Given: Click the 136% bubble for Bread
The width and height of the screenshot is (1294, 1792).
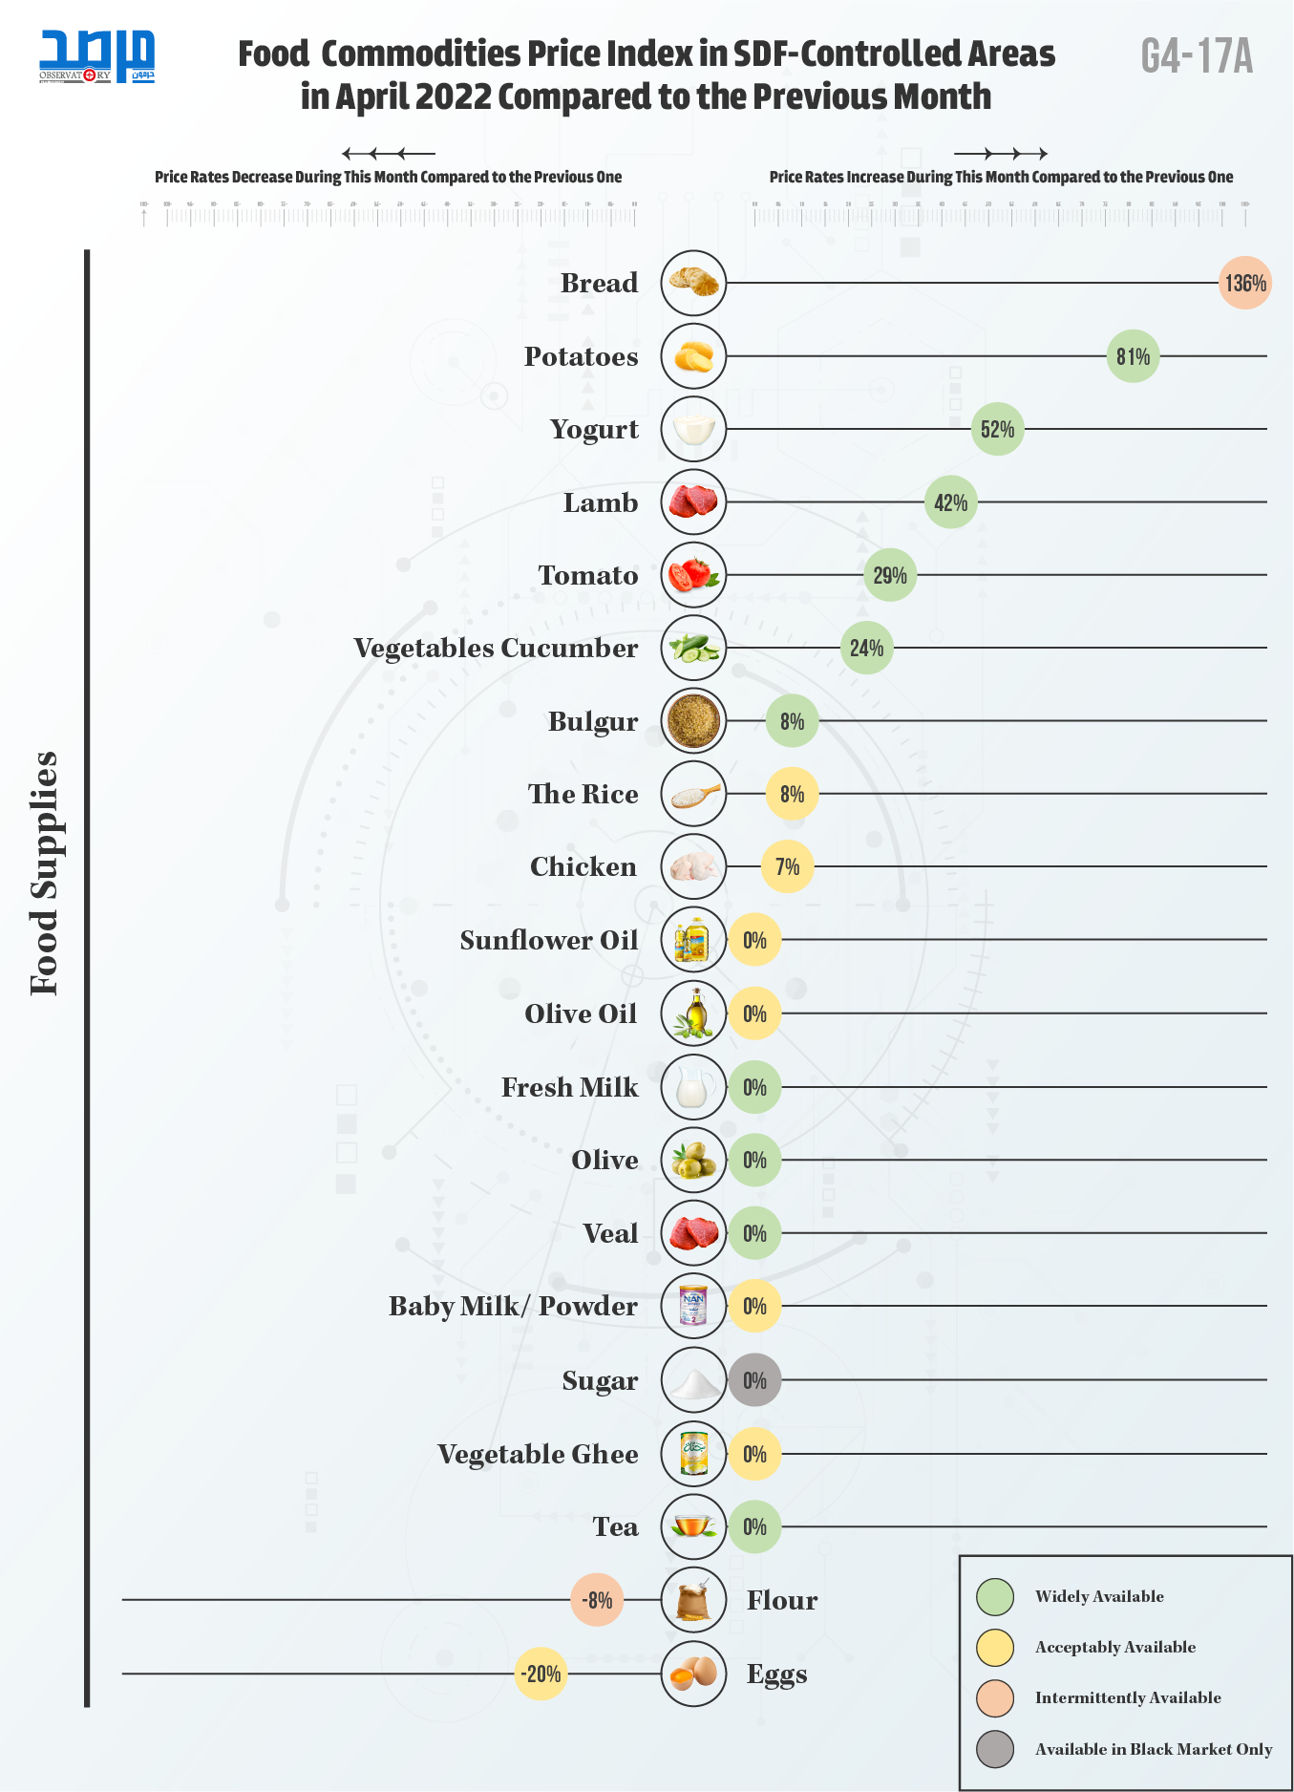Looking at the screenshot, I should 1244,283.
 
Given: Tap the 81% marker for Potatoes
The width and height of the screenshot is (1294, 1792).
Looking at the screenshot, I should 1133,356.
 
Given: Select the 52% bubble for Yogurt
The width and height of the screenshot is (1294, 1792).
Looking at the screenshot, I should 997,429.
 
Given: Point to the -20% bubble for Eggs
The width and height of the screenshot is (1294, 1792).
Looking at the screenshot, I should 541,1674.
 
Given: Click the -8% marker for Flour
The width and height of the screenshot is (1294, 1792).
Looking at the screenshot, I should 597,1600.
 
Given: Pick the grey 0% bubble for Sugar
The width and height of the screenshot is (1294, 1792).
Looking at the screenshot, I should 754,1380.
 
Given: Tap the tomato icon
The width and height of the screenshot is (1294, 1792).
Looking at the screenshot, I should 693,575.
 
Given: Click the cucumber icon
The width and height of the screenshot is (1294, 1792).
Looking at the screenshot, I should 693,648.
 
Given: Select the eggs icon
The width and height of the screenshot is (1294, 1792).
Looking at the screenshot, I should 693,1674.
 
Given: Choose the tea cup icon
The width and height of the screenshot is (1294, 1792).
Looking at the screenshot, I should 693,1526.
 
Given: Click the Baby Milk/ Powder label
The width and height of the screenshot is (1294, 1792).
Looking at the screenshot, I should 513,1306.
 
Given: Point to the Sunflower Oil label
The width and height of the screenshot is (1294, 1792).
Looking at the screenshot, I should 549,940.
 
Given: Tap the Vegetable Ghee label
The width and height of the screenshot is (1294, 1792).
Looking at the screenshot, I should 538,1454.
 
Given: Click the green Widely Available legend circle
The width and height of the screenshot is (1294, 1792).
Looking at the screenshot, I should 995,1596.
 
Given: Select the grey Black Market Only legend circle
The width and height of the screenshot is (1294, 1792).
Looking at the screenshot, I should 995,1749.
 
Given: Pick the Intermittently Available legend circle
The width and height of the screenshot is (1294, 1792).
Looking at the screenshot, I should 995,1697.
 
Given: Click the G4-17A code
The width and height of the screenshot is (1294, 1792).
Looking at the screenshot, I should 1197,56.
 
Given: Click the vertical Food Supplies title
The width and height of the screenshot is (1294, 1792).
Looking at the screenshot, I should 45,873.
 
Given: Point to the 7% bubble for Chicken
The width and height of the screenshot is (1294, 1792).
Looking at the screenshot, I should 787,866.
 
